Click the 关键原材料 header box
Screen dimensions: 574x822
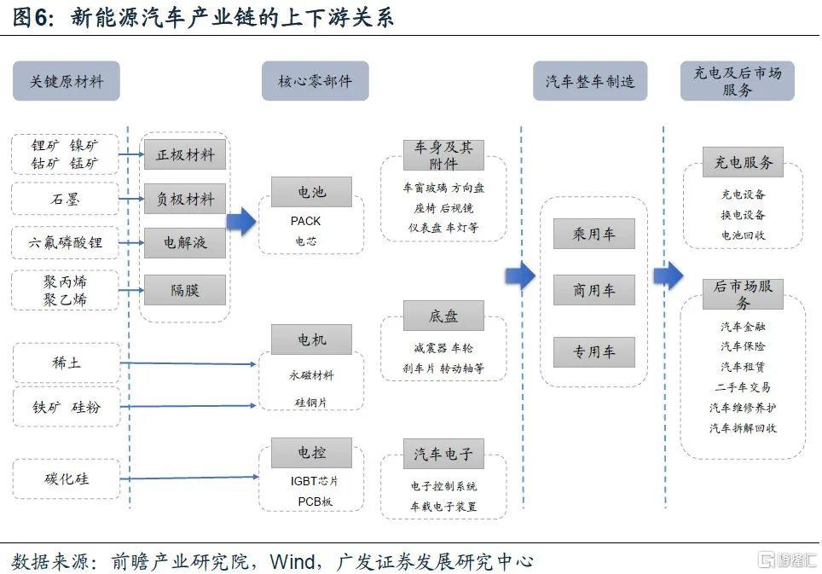click(x=67, y=82)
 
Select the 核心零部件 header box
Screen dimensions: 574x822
click(x=315, y=82)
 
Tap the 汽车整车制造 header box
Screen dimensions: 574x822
click(x=590, y=82)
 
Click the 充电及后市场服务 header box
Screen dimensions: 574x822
click(x=737, y=82)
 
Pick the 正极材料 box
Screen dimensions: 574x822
click(x=185, y=155)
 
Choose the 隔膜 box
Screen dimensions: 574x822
click(x=185, y=290)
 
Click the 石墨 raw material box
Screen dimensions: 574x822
click(x=65, y=200)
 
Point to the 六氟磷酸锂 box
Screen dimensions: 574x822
click(x=65, y=243)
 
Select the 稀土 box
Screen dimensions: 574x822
click(x=65, y=363)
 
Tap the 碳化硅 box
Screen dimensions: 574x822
click(x=65, y=478)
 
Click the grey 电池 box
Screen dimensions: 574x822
click(x=311, y=192)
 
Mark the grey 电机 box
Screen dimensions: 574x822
click(x=311, y=340)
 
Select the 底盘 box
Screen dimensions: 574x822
click(x=443, y=316)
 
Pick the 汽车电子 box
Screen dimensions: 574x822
click(x=443, y=455)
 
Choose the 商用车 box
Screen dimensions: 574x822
click(x=594, y=291)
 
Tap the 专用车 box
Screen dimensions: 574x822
click(x=594, y=352)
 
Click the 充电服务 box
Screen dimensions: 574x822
click(x=743, y=163)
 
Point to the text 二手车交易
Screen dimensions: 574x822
click(x=743, y=387)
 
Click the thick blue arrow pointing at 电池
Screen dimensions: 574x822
click(x=241, y=221)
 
